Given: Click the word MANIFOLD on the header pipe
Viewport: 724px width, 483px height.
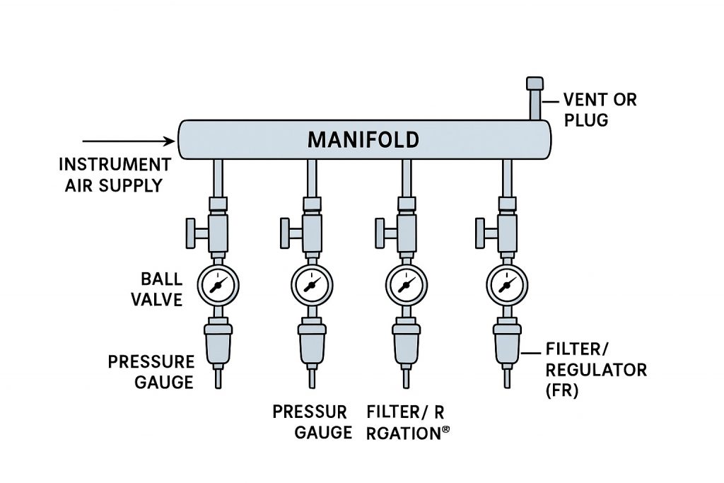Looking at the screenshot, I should (x=363, y=139).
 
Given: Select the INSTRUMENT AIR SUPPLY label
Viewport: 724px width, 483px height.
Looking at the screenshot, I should (x=115, y=175).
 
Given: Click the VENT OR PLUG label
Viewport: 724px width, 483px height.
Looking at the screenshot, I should (x=600, y=110).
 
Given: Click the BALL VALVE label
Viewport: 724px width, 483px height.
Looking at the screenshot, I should (x=161, y=289).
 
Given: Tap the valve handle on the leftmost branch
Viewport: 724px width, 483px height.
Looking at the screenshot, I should (x=193, y=230).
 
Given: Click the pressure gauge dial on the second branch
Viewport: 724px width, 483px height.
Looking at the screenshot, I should (x=311, y=285).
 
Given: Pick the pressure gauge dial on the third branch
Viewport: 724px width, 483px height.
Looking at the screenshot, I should (x=406, y=285).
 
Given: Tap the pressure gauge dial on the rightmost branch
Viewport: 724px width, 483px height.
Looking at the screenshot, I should (x=506, y=285).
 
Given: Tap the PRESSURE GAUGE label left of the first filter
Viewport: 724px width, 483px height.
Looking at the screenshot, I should (x=151, y=372).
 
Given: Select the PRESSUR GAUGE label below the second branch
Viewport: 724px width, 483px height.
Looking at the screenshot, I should (x=312, y=421).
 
